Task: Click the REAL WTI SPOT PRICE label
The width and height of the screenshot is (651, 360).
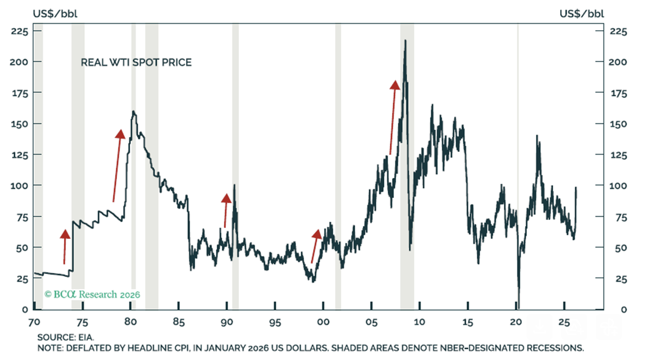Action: click(136, 63)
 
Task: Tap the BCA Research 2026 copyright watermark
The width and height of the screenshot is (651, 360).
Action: click(92, 295)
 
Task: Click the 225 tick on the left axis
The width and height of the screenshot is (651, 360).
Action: click(19, 31)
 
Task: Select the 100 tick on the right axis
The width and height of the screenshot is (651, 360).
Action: click(617, 185)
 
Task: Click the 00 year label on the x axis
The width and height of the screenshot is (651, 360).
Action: click(323, 321)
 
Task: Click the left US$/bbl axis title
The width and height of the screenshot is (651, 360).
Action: click(55, 13)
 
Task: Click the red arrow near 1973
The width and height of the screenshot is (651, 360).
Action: click(65, 247)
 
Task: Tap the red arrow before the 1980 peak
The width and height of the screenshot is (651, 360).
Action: click(117, 165)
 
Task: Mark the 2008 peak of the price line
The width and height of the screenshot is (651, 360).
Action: click(406, 41)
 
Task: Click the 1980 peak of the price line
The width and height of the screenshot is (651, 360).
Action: click(133, 112)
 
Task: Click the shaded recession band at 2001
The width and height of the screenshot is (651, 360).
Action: click(338, 162)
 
